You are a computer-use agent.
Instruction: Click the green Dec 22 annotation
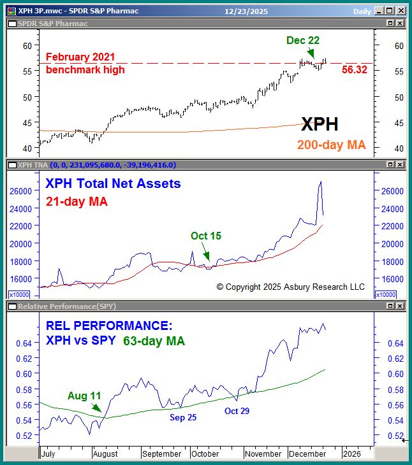pyautogui.click(x=303, y=40)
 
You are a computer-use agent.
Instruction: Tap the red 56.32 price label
pyautogui.click(x=354, y=69)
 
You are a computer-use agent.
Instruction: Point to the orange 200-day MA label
pyautogui.click(x=331, y=145)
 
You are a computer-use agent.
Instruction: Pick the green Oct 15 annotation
pyautogui.click(x=206, y=236)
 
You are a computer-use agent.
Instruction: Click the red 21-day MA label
pyautogui.click(x=77, y=201)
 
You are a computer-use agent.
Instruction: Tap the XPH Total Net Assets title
pyautogui.click(x=113, y=184)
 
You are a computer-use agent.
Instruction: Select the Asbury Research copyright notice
pyautogui.click(x=291, y=287)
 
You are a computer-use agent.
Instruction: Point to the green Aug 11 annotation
pyautogui.click(x=84, y=396)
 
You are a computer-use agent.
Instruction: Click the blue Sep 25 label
pyautogui.click(x=183, y=417)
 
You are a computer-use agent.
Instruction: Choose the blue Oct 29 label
pyautogui.click(x=237, y=411)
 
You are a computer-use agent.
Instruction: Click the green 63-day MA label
pyautogui.click(x=154, y=341)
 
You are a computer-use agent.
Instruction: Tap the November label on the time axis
pyautogui.click(x=263, y=454)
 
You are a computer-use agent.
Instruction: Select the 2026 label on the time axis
pyautogui.click(x=353, y=454)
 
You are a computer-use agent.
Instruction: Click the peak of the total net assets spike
pyautogui.click(x=320, y=182)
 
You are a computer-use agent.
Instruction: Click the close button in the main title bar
pyautogui.click(x=399, y=11)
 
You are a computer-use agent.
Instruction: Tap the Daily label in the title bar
pyautogui.click(x=362, y=11)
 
